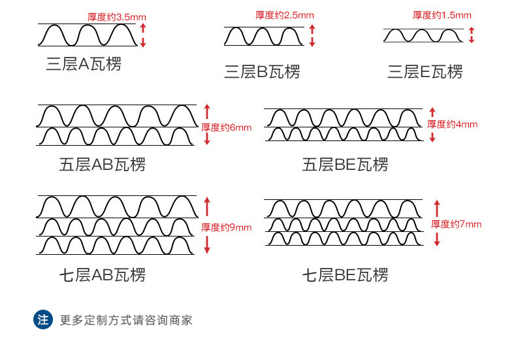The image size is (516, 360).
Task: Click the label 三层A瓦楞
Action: click(84, 64)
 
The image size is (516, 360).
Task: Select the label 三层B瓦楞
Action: click(263, 72)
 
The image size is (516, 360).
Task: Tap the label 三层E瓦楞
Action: click(425, 72)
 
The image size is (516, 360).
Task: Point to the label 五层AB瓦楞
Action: click(103, 165)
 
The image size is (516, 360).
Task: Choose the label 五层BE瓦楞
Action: click(346, 165)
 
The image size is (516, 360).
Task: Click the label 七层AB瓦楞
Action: click(103, 275)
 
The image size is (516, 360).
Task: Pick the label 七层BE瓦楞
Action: click(346, 275)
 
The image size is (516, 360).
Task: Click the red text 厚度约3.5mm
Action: click(117, 17)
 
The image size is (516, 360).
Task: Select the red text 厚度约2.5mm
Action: click(285, 15)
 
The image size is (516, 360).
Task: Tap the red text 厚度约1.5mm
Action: click(442, 15)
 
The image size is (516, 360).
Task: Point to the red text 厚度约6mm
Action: click(227, 127)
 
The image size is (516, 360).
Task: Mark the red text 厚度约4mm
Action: click(453, 124)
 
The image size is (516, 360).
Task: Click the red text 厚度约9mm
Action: click(227, 227)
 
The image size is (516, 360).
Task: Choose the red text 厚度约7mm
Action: click(457, 224)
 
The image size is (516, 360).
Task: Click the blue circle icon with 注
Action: click(43, 319)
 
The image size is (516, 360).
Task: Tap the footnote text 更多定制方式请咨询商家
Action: click(126, 320)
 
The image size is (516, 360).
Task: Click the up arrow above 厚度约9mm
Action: click(207, 206)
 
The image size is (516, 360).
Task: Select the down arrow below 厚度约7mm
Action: click(437, 239)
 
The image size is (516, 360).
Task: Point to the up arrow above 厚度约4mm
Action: click(432, 112)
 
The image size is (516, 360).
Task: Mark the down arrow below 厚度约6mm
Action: click(207, 139)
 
